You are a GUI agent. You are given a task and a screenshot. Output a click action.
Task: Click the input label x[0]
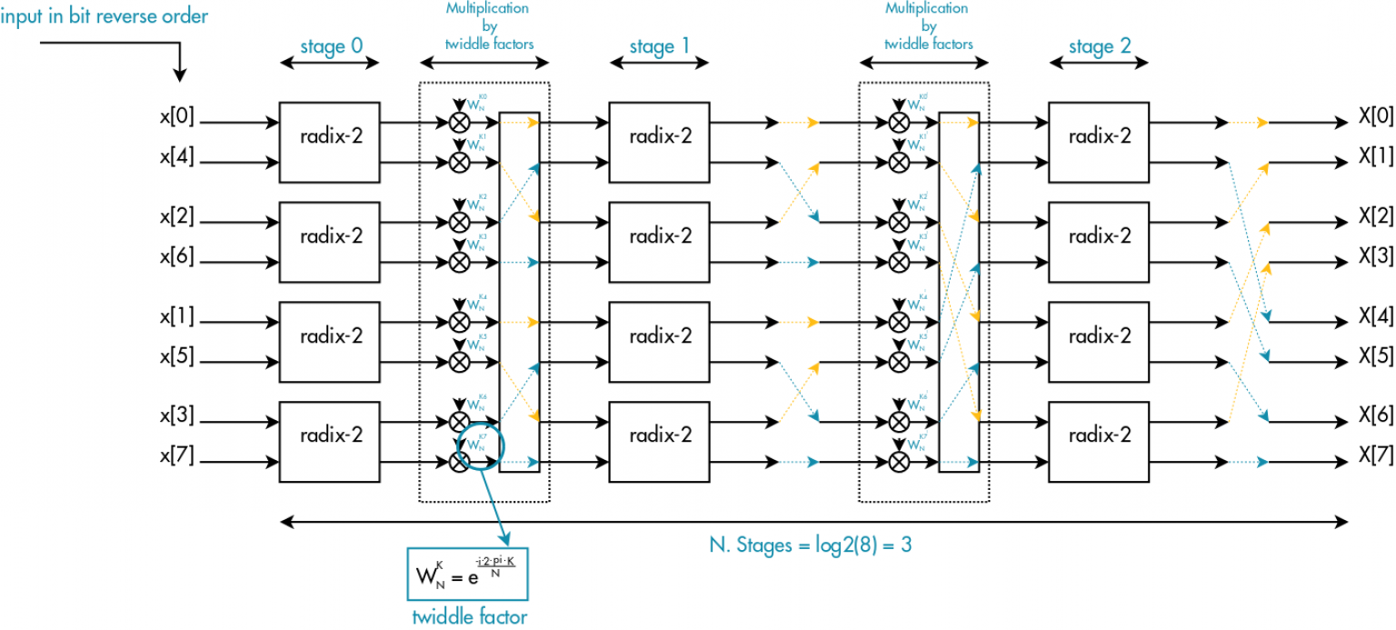(x=178, y=117)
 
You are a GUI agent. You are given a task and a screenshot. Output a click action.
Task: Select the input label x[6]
(x=178, y=257)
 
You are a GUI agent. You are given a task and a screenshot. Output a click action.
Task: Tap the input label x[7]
(x=178, y=457)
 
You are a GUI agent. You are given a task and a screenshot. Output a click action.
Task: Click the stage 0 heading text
(x=330, y=45)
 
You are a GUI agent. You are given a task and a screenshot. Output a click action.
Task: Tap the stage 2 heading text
(x=1100, y=45)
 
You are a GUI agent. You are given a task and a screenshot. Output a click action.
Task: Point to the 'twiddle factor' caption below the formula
(x=469, y=616)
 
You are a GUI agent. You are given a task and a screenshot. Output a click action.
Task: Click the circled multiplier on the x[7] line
(x=460, y=462)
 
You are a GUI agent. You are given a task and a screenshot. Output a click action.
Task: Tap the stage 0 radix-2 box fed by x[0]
(x=330, y=142)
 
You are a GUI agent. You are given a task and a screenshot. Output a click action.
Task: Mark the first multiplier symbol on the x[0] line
(x=460, y=122)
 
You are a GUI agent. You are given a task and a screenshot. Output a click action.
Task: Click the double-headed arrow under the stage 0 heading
(x=330, y=64)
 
